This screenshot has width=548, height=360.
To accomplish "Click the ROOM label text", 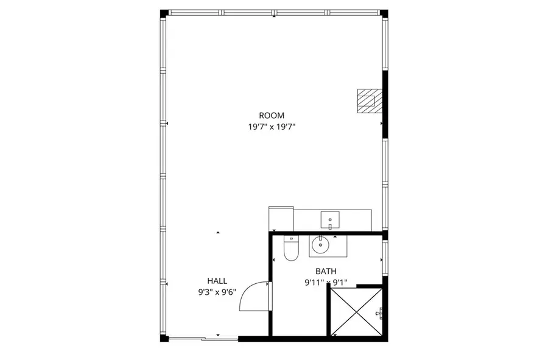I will [272, 115].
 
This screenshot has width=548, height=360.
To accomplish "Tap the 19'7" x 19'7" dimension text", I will [272, 127].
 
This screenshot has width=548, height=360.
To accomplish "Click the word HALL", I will [217, 281].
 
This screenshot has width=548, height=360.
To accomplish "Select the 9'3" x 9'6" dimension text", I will [217, 292].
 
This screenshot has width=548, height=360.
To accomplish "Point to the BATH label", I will [326, 271].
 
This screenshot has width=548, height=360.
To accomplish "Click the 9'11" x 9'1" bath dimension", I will [326, 282].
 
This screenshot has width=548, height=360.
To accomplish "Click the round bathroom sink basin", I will [320, 246].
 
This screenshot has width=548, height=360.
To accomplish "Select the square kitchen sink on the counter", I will [330, 217].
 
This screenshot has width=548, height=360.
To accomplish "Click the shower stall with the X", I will [356, 312].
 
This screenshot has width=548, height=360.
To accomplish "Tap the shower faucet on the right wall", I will [379, 312].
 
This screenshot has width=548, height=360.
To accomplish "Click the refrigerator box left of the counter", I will [281, 218].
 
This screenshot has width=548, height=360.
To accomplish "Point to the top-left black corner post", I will [163, 13].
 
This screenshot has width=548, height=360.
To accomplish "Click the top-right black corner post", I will [384, 13].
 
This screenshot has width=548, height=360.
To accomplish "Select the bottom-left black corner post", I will [163, 337].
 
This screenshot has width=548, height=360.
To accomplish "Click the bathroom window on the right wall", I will [385, 256].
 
